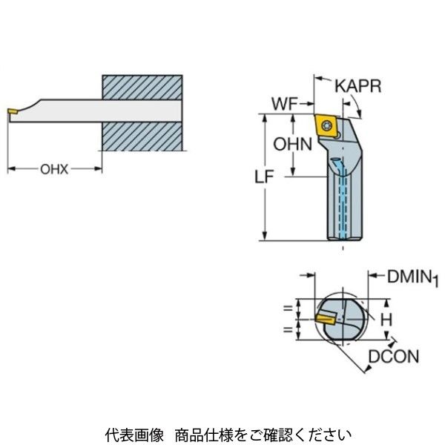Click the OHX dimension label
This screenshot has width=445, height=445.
coord(54,169)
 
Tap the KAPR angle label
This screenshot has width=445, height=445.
coord(357,86)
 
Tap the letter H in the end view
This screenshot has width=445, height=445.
coord(385,320)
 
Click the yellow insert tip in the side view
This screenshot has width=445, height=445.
coord(13,113)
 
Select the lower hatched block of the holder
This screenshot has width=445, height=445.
coord(141,137)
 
